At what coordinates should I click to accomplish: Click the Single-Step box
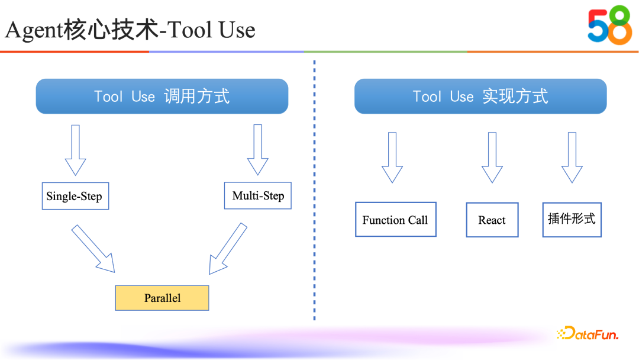pyautogui.click(x=74, y=197)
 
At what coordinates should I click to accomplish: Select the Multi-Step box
pyautogui.click(x=258, y=195)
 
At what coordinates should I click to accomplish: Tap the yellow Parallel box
pyautogui.click(x=162, y=298)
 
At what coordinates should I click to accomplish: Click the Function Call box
pyautogui.click(x=395, y=220)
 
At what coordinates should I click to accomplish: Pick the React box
pyautogui.click(x=492, y=220)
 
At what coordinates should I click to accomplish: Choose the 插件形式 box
pyautogui.click(x=572, y=219)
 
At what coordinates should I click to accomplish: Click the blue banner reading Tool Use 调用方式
pyautogui.click(x=162, y=96)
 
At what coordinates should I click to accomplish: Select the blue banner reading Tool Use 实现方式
pyautogui.click(x=480, y=96)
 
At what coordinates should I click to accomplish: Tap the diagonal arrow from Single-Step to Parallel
pyautogui.click(x=93, y=248)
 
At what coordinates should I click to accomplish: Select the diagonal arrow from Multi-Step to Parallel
pyautogui.click(x=228, y=249)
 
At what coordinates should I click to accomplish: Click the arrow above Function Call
pyautogui.click(x=392, y=157)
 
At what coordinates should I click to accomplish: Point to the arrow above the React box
pyautogui.click(x=492, y=157)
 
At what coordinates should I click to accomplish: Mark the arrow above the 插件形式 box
pyautogui.click(x=572, y=157)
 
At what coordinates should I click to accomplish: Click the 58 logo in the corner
pyautogui.click(x=609, y=25)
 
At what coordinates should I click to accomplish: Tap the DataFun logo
pyautogui.click(x=588, y=334)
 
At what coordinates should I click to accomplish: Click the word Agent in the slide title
pyautogui.click(x=34, y=30)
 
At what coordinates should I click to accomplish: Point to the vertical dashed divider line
pyautogui.click(x=314, y=189)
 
